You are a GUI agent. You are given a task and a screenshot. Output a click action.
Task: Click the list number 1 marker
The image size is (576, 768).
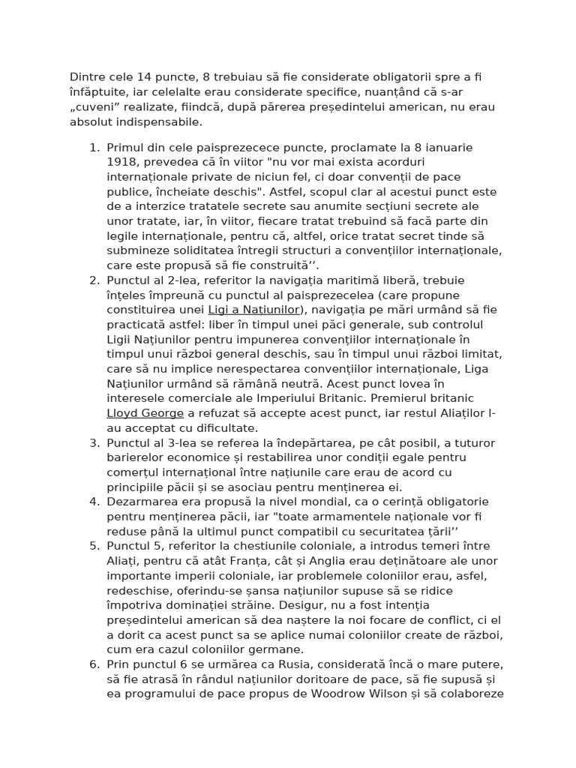tap(94, 148)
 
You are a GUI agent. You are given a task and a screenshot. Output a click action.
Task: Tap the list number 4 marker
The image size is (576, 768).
tap(94, 500)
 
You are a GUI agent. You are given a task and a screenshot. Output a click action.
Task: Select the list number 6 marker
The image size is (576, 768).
tap(94, 664)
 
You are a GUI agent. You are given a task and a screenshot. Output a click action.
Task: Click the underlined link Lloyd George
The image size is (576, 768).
tap(145, 413)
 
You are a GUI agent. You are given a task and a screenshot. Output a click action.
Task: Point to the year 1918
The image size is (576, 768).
tap(122, 163)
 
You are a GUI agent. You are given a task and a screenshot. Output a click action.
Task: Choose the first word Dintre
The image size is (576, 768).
tap(87, 76)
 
